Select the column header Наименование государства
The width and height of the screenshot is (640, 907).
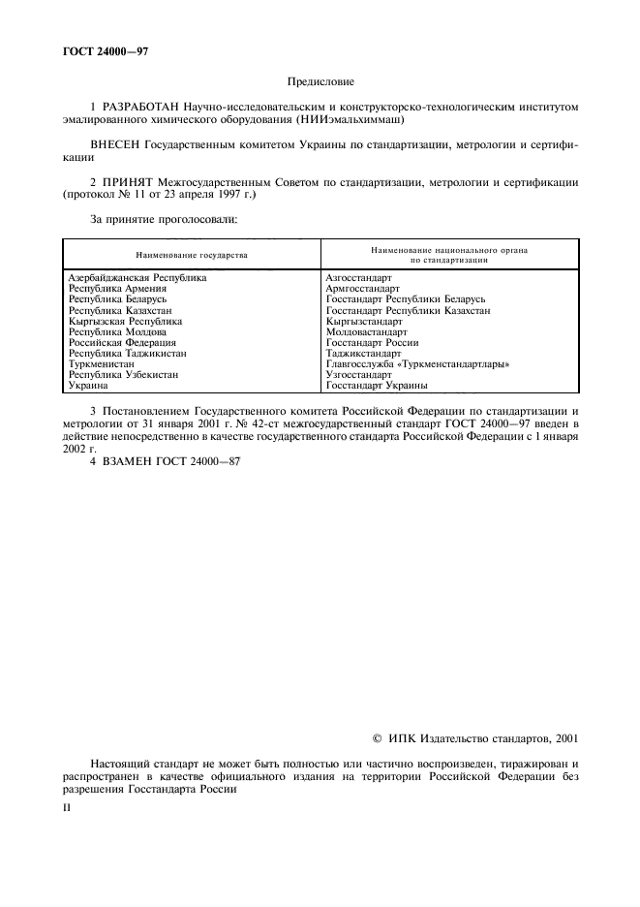point(191,255)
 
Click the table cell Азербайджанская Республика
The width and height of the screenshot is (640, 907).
point(137,277)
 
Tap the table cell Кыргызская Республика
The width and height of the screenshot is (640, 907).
point(125,320)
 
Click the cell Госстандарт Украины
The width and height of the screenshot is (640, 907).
point(377,385)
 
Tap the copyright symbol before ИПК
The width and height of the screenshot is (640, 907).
point(378,738)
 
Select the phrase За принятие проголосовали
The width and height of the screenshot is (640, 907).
point(163,219)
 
